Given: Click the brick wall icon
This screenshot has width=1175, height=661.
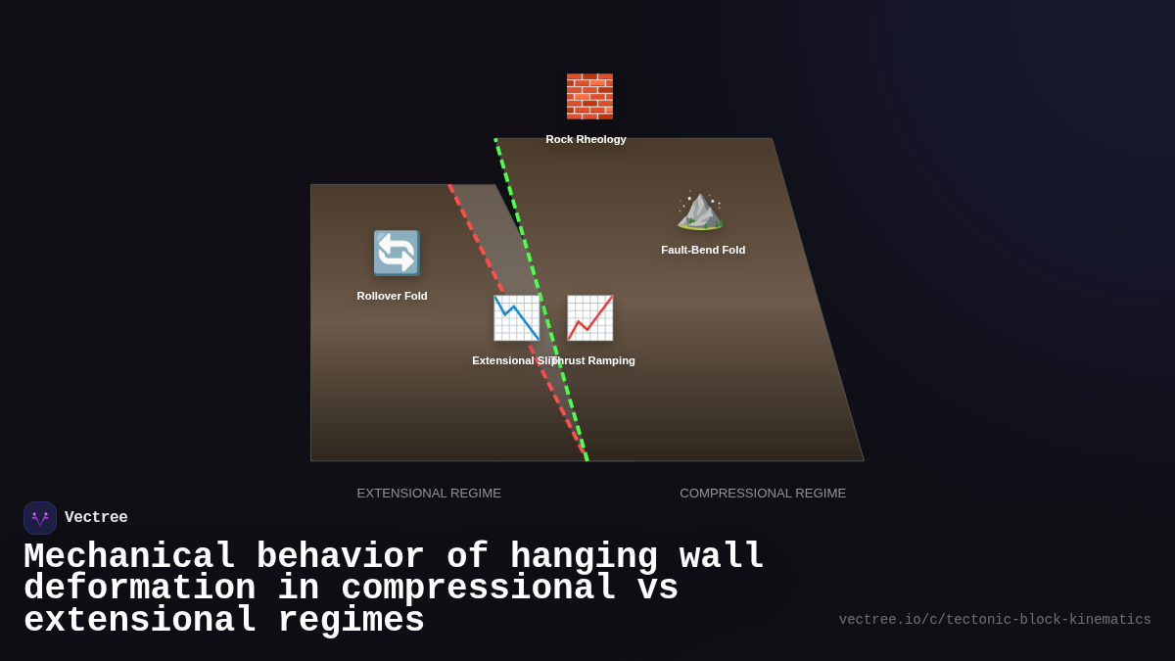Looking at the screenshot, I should pos(589,96).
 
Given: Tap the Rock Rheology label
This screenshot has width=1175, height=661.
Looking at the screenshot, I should pos(586,139).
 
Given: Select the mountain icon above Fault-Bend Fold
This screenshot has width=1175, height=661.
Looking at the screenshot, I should pos(700,210).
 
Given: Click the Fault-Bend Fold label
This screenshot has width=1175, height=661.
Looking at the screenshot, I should pos(703,250).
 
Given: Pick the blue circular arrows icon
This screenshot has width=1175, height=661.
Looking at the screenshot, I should pos(397,253).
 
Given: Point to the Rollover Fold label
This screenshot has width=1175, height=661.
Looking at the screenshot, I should pos(392,296).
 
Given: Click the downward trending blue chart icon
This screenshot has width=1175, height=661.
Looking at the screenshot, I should pos(516,318).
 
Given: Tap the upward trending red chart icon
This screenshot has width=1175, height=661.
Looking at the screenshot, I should pos(589,318).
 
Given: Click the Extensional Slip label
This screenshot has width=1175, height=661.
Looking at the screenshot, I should pos(509,360).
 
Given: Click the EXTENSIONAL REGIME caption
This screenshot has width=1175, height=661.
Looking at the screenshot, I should pos(429,493).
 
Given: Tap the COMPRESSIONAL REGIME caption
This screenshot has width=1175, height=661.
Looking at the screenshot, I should pos(763,493).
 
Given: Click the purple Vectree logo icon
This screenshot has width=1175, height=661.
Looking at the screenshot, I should pos(40,518).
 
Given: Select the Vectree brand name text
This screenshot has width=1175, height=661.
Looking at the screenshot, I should pos(96,517).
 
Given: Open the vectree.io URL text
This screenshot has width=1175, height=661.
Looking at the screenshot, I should pos(995,620).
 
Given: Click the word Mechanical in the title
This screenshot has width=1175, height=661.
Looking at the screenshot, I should pos(128,556).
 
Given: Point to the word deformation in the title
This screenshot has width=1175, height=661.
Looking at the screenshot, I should pos(139,589).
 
